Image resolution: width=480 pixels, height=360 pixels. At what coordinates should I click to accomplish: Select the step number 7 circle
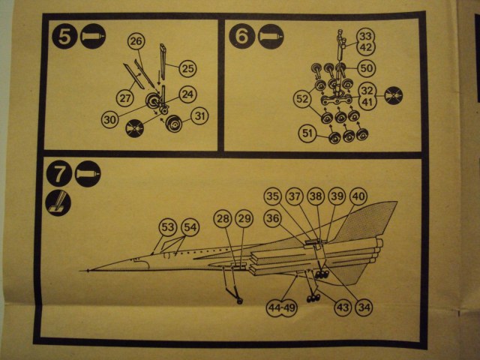58,176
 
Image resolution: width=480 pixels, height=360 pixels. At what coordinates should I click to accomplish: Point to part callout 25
187,68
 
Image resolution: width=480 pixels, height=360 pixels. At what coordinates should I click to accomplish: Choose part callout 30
111,118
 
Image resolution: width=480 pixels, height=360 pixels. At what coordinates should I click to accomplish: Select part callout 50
367,68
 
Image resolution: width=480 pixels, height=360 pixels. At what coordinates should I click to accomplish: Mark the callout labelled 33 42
365,40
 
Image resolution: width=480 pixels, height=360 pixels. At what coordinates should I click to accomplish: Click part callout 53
167,226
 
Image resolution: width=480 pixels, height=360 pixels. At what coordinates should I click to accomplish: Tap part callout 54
190,226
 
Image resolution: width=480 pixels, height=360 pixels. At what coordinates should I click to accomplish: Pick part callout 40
358,197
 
